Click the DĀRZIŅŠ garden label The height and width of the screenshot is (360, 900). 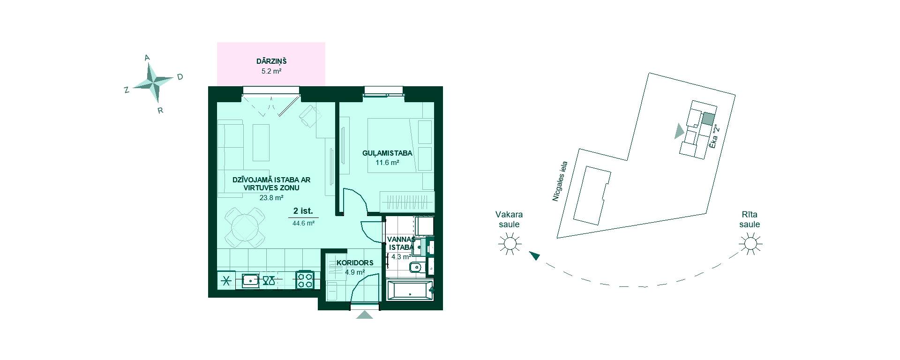(x=271, y=61)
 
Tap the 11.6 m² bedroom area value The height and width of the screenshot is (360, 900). (x=387, y=163)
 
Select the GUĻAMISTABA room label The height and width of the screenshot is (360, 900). (x=387, y=153)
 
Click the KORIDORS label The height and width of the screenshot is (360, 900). (x=355, y=262)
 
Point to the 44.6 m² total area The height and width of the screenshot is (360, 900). (x=303, y=224)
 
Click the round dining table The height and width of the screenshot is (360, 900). (x=245, y=228)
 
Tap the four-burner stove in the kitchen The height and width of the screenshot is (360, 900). (x=305, y=280)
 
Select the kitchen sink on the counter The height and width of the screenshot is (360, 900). (x=251, y=280)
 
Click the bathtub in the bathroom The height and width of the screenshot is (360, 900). (x=410, y=290)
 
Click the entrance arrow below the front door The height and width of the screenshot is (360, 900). (x=364, y=315)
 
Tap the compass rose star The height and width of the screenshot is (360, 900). (x=153, y=83)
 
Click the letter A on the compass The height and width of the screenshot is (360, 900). (x=147, y=58)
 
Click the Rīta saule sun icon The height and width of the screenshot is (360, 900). (x=750, y=244)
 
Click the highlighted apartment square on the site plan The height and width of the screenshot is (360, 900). (x=708, y=119)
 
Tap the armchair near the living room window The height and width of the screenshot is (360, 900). (x=309, y=116)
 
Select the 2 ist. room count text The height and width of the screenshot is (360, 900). (x=303, y=211)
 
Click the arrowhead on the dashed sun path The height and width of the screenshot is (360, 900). (x=534, y=255)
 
